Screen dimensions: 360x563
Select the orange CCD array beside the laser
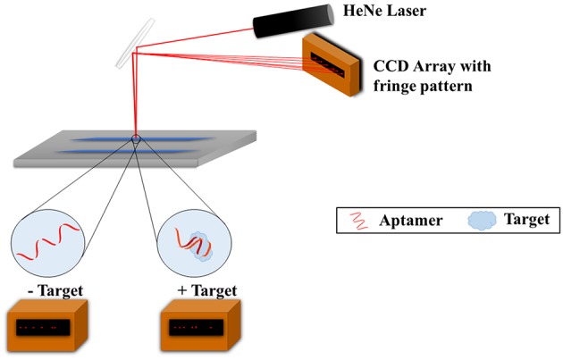point(332,62)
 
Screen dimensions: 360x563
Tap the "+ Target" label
point(203,291)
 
